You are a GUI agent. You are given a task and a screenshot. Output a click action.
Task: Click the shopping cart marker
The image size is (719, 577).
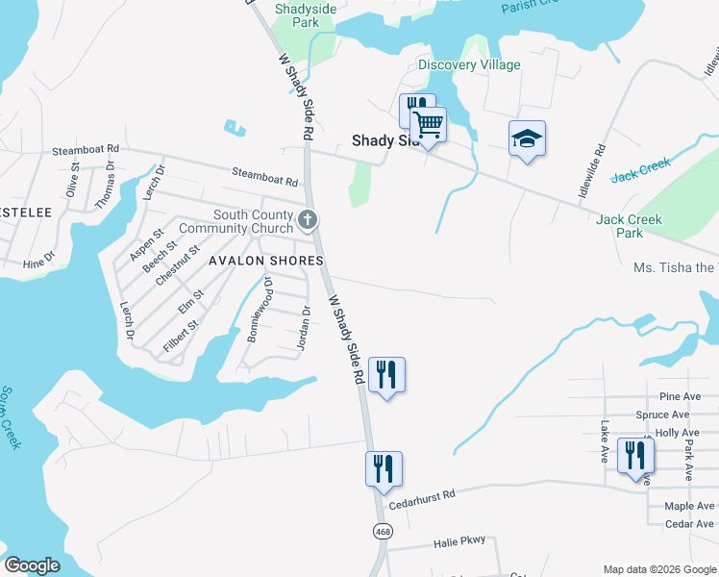coord(429,124)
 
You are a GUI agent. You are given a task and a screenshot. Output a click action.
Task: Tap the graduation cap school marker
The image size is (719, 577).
coord(527,139)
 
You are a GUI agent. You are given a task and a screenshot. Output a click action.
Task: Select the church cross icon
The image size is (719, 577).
coord(308,221)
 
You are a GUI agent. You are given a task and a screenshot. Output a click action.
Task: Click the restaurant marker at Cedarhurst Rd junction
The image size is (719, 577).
coord(384,469)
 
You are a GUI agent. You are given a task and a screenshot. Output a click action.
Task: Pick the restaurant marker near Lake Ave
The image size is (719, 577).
coord(635,455)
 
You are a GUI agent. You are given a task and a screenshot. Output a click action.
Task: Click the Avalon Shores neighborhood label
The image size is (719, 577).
coord(262,262)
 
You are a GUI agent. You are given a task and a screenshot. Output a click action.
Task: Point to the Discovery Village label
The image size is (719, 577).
coord(469,65)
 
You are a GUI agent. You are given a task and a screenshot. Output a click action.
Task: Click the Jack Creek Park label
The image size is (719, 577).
coord(630,226)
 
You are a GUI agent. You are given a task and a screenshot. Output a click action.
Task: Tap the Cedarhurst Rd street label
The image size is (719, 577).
coord(421,498)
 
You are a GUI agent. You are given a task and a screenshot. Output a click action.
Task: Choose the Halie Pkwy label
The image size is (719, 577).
coord(459,541)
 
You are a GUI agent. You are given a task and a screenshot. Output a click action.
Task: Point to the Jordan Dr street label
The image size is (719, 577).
coord(306,328)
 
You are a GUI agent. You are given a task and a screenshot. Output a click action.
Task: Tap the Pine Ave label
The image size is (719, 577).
coord(680,397)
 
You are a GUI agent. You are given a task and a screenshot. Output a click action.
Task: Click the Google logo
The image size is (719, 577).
coord(32,565)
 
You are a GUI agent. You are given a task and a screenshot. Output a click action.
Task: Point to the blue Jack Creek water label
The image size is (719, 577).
coord(640,170)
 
